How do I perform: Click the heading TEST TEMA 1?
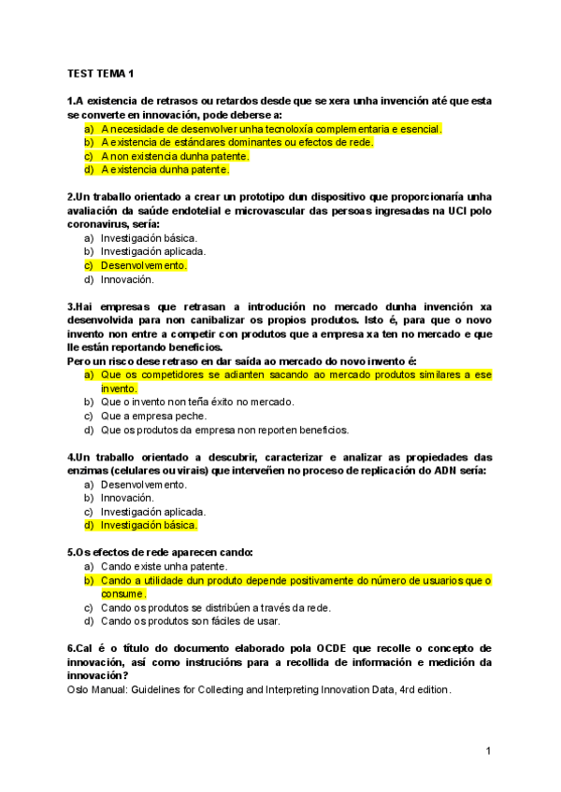pos(100,73)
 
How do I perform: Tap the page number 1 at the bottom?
pos(488,752)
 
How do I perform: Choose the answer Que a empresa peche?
pos(153,416)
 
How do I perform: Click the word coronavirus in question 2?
pos(100,224)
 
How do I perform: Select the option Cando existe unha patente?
pos(165,566)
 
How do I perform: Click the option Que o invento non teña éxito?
pos(196,402)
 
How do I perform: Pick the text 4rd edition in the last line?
pos(424,689)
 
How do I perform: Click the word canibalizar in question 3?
pos(245,319)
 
